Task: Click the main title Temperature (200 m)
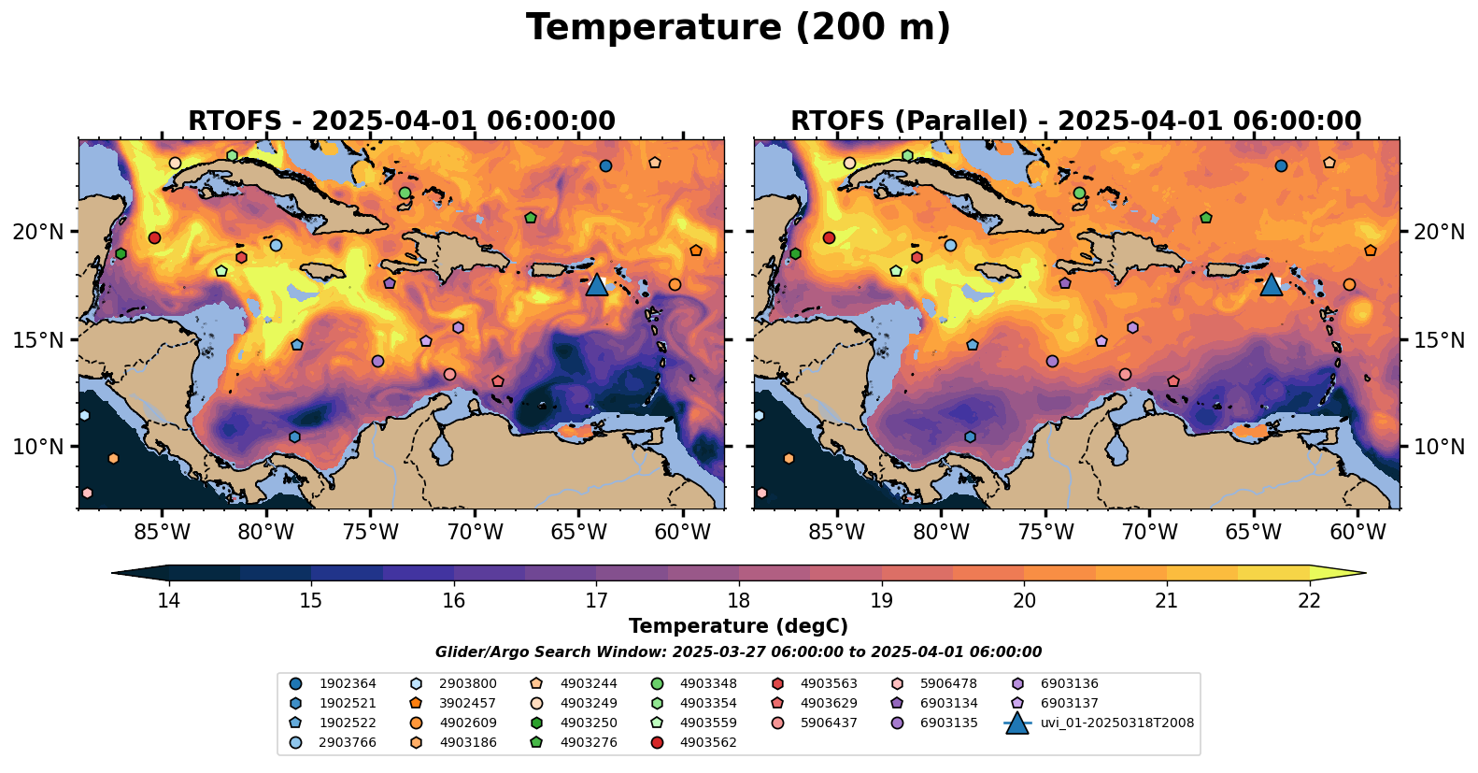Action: point(738,28)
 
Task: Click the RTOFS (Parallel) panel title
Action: point(1075,122)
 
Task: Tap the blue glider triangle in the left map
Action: point(597,285)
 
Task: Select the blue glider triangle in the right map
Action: point(1271,285)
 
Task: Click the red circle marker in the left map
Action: point(155,237)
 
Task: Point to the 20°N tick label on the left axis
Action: point(38,232)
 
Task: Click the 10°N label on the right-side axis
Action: point(1439,447)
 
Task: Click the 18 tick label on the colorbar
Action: point(739,600)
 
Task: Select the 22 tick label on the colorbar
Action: point(1310,600)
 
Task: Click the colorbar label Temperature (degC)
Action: point(738,626)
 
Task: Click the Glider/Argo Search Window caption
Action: point(738,652)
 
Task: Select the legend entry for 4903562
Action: point(707,742)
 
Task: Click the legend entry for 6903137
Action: point(1069,703)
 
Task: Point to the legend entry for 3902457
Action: point(467,703)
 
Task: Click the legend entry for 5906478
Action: point(948,683)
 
